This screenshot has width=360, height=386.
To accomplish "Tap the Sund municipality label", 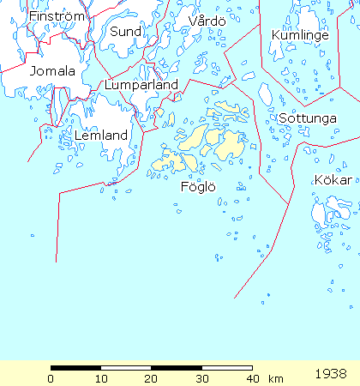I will [x=124, y=32].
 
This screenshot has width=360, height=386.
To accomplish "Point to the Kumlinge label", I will [x=300, y=35].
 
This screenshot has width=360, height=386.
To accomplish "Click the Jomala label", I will [x=52, y=71].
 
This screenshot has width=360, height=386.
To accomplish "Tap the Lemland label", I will [x=101, y=136].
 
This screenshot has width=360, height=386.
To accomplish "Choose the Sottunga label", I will [x=307, y=118].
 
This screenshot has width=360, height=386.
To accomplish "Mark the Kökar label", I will [x=333, y=180].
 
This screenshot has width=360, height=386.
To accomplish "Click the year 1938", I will [x=331, y=375].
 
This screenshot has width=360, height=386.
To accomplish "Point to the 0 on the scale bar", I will [x=51, y=378].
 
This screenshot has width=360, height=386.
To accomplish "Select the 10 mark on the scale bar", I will [x=101, y=378].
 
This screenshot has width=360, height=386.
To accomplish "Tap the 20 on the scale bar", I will [x=151, y=378].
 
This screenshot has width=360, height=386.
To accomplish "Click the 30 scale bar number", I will [x=201, y=378].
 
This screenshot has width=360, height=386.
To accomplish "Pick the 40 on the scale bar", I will [x=251, y=378].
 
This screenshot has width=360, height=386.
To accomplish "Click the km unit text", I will [x=275, y=378].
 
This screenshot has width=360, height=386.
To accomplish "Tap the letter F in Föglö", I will [x=184, y=186].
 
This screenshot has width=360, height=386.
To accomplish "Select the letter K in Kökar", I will [x=319, y=180].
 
